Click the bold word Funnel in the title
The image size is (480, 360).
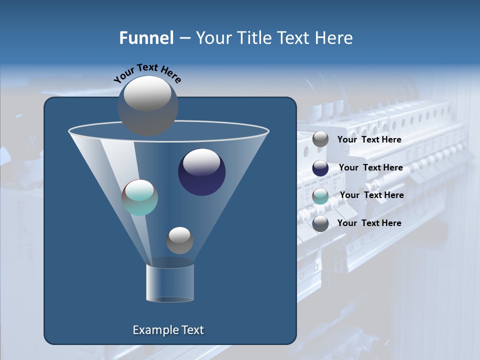146,37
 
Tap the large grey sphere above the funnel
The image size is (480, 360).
147,105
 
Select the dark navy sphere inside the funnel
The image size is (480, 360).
202,172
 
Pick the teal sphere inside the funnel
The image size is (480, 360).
140,197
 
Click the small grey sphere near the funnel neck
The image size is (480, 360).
179,240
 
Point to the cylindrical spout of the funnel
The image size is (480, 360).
169,282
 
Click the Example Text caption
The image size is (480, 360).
168,330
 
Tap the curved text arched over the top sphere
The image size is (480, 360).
147,72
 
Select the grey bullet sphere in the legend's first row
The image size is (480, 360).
320,139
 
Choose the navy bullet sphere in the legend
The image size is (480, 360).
320,168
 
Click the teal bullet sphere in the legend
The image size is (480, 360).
320,196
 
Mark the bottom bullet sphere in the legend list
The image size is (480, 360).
320,223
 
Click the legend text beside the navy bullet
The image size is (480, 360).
370,167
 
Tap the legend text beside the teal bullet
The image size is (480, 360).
371,195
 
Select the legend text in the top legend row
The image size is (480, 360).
369,139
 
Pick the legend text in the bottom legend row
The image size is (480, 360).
369,223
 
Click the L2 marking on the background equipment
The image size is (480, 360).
316,267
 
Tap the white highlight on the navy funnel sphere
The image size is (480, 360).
201,161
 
